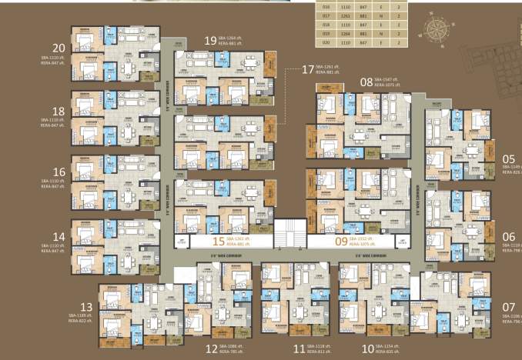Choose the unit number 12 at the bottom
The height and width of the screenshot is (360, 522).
coord(211,348)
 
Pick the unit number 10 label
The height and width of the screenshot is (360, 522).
coord(367,348)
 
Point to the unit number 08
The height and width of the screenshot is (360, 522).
coord(366,81)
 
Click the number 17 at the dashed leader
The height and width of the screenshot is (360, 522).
coord(308,70)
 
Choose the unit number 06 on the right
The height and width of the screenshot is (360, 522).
coord(509,236)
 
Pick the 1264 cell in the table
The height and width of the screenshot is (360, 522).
coord(350,34)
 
